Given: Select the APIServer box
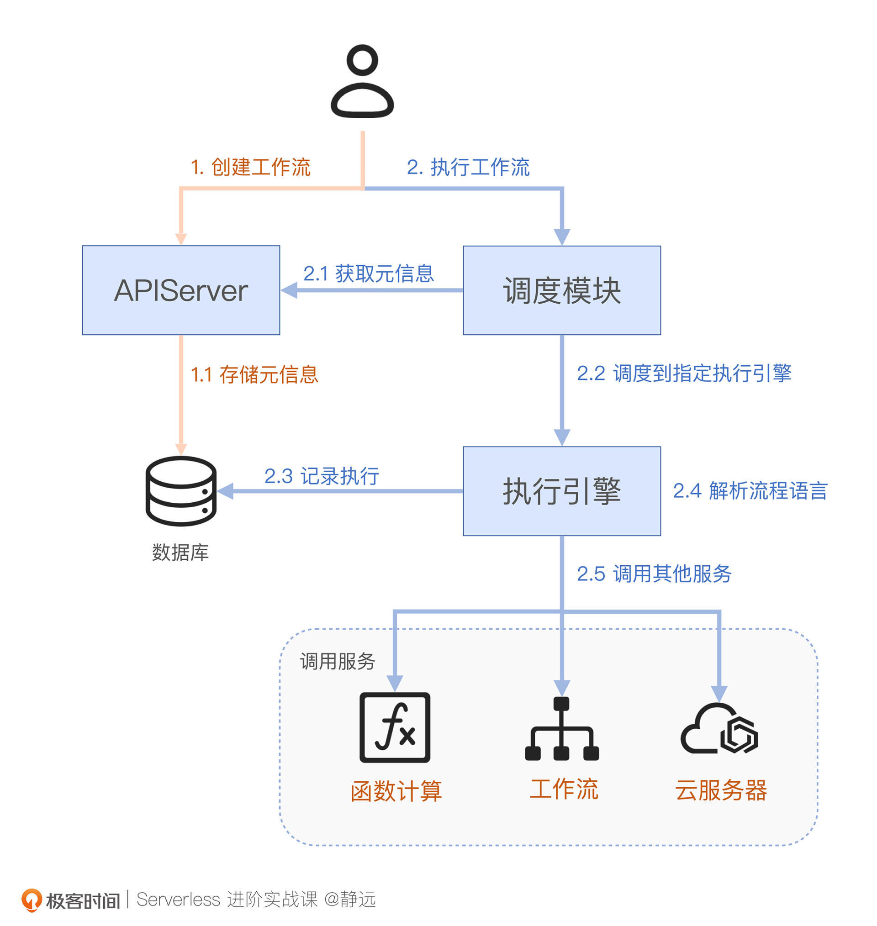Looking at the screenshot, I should pyautogui.click(x=181, y=290).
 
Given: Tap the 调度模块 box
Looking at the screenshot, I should pyautogui.click(x=561, y=290).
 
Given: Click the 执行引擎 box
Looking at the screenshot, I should pyautogui.click(x=561, y=491).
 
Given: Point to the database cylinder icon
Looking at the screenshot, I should pyautogui.click(x=181, y=491).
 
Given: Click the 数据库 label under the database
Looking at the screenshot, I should pyautogui.click(x=180, y=552).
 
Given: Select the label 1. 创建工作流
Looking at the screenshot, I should pyautogui.click(x=251, y=167).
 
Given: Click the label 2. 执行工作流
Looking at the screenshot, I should pyautogui.click(x=468, y=167).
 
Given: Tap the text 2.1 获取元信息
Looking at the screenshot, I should pyautogui.click(x=368, y=274).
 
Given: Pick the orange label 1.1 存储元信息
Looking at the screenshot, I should pyautogui.click(x=255, y=375).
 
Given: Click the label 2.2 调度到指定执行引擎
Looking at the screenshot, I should pyautogui.click(x=684, y=374).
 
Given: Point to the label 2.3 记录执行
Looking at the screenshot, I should pyautogui.click(x=322, y=476).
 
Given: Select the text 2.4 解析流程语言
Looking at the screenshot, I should pyautogui.click(x=750, y=491).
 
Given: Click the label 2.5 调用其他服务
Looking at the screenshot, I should pyautogui.click(x=654, y=574).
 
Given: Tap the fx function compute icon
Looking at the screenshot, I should pyautogui.click(x=395, y=727).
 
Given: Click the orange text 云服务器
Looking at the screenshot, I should pyautogui.click(x=721, y=790).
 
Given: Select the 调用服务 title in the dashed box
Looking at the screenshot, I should pyautogui.click(x=338, y=662).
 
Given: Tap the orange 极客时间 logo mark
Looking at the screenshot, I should pyautogui.click(x=32, y=900).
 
